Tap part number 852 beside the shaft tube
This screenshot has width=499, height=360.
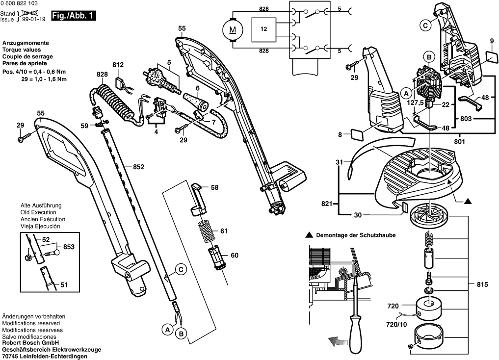tap(138, 167)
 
